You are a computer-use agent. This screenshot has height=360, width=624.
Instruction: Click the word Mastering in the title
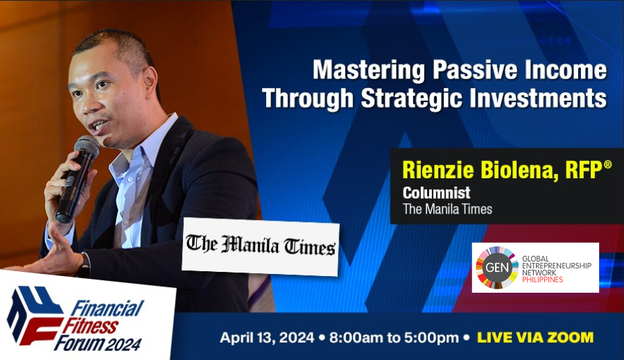[x=369, y=70]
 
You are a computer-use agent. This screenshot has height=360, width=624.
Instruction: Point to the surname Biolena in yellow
[x=517, y=170]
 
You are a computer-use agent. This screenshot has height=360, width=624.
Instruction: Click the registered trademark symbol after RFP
[x=607, y=164]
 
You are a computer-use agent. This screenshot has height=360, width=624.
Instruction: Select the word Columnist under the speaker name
[x=436, y=193]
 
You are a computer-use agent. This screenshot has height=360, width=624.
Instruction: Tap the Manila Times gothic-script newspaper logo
[x=261, y=246]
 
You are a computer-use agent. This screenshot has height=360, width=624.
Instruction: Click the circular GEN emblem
[x=497, y=267]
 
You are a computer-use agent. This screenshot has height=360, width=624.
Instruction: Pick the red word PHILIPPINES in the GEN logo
[x=542, y=280]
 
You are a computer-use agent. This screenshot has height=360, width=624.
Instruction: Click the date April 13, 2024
[x=267, y=338]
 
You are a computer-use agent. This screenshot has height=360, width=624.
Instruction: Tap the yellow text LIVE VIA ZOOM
[x=535, y=337]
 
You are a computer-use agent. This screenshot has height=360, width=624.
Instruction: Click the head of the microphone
[x=87, y=146]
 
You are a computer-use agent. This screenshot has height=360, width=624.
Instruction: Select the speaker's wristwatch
[x=85, y=266]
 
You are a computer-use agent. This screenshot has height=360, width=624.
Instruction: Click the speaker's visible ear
[x=149, y=85]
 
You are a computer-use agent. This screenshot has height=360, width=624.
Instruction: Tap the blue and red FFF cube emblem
[x=35, y=314]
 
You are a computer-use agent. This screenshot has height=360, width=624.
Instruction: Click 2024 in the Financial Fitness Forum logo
[x=124, y=344]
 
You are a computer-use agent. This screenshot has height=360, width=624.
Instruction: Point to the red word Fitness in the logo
[x=90, y=327]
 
